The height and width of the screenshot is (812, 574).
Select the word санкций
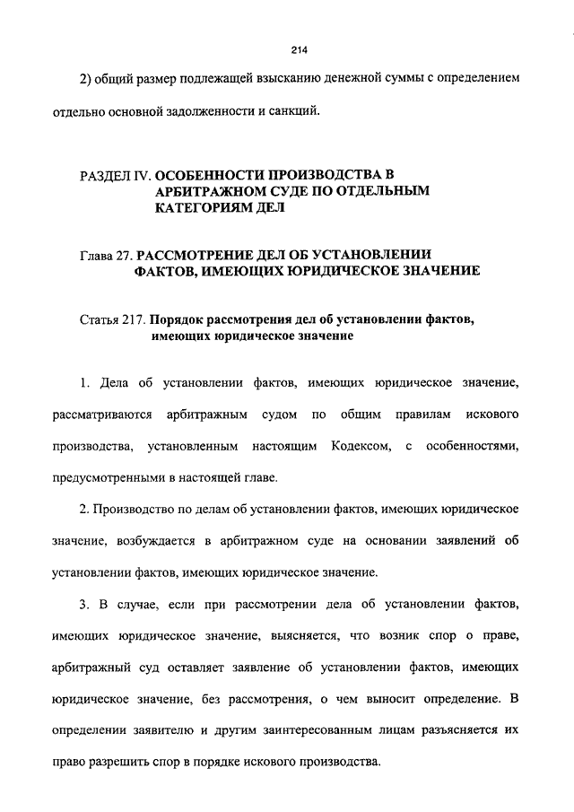(291, 113)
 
